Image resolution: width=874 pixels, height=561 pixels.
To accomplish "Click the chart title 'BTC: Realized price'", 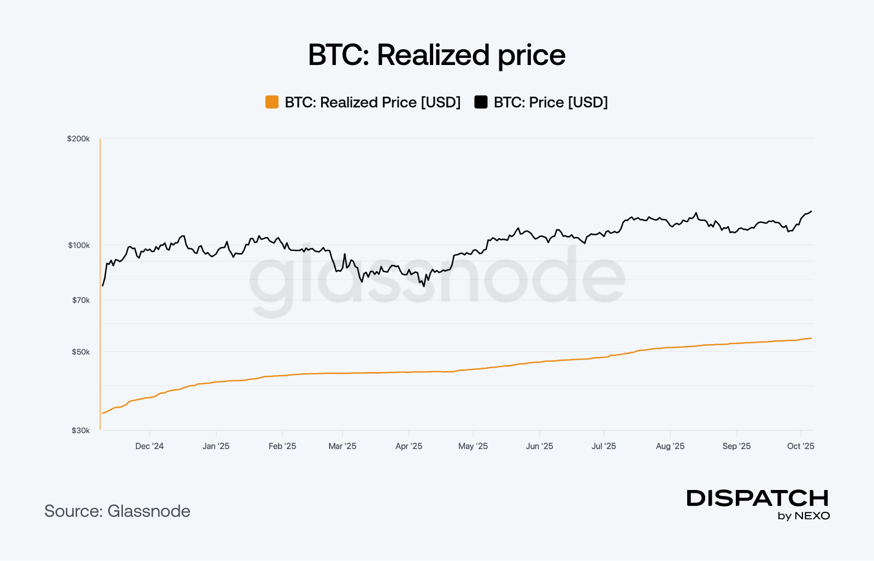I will click(x=436, y=55).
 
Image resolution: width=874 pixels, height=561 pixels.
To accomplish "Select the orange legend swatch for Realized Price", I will click(x=271, y=102).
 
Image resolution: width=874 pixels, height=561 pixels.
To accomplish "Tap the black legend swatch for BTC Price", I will click(x=481, y=102).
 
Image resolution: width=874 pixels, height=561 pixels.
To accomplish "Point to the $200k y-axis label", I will click(x=78, y=139).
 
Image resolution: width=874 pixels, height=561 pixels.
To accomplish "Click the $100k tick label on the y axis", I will click(x=79, y=245).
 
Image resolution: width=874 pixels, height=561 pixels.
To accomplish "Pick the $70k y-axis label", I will click(x=81, y=300).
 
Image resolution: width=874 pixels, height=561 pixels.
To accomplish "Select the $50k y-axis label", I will click(x=81, y=352).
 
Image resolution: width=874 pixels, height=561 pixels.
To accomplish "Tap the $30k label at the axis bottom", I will click(x=81, y=430).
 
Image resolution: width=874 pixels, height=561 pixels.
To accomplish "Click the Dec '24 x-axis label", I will click(x=149, y=446).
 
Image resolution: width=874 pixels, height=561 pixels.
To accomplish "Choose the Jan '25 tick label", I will click(x=216, y=446).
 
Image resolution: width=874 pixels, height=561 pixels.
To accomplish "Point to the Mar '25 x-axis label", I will click(x=342, y=446).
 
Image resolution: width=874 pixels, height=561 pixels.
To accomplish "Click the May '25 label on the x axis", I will click(x=473, y=446).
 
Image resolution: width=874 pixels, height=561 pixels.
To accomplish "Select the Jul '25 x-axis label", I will click(x=604, y=446).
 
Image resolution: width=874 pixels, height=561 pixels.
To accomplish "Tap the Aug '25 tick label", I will click(x=670, y=446).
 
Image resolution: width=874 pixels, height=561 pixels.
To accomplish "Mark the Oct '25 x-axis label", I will click(x=800, y=446).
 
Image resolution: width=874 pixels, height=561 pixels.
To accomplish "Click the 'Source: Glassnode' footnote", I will click(x=117, y=511).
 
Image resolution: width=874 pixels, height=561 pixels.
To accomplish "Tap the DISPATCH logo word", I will click(x=758, y=498).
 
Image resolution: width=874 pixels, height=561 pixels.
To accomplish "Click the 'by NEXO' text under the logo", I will click(x=804, y=516).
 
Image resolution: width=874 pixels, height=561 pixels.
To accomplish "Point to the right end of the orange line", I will click(x=811, y=338).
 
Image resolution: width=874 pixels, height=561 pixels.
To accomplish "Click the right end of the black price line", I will click(x=811, y=211).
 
